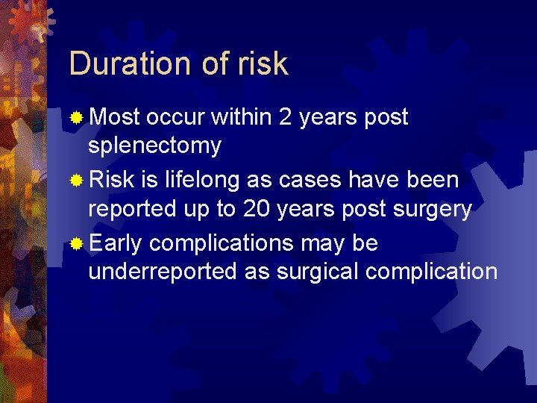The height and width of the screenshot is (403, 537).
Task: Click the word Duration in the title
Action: click(x=128, y=64)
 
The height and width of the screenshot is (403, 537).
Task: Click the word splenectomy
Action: click(x=154, y=146)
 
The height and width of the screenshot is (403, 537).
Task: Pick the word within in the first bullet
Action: click(x=242, y=117)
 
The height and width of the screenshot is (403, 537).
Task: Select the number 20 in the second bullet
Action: click(x=254, y=210)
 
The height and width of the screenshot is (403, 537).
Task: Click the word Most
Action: click(x=114, y=117)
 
